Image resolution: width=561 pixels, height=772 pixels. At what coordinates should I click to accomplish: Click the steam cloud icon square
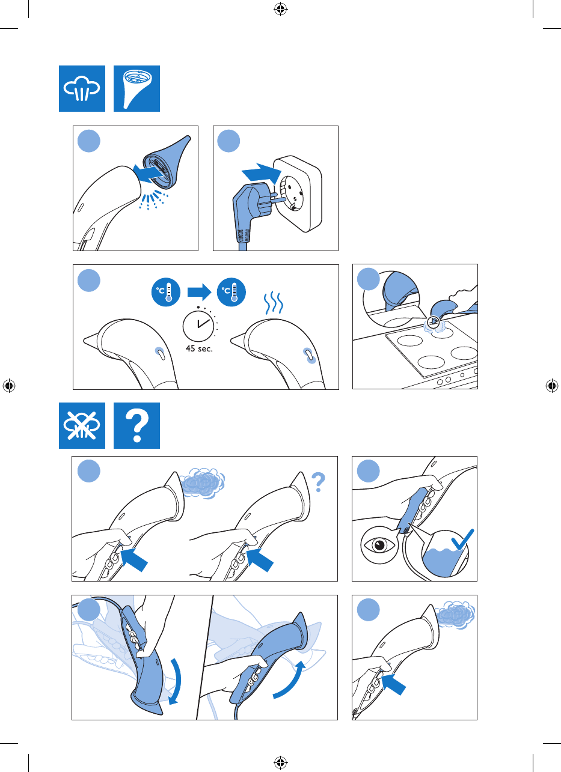[x=82, y=88]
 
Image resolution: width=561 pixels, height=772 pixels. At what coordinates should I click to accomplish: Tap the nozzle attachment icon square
[x=136, y=88]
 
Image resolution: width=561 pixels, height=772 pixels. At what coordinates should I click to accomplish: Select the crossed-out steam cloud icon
[x=82, y=425]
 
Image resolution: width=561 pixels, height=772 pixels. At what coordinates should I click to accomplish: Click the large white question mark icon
[x=136, y=425]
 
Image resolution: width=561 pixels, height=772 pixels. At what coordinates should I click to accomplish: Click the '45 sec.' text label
[x=199, y=348]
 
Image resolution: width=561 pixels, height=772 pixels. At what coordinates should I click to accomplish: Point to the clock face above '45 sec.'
[x=198, y=326]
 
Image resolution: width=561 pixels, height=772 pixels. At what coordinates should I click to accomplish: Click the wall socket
[x=298, y=193]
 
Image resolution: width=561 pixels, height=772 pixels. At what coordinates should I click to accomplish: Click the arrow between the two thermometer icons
[x=199, y=292]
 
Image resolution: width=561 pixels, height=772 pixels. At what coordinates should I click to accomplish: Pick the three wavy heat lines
[x=274, y=303]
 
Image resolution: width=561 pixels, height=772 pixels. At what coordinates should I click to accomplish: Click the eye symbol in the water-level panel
[x=379, y=545]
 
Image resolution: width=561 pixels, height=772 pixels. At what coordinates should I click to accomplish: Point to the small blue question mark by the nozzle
[x=318, y=482]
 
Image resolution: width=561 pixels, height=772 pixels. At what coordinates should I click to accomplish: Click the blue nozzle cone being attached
[x=165, y=163]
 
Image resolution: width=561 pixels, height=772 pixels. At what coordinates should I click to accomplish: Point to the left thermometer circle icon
[x=166, y=292]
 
